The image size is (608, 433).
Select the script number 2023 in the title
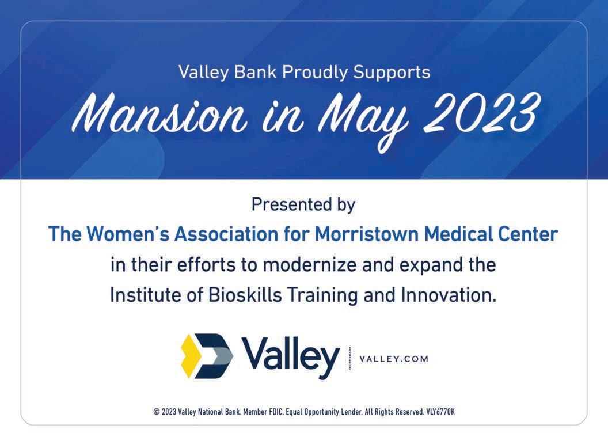[481, 112]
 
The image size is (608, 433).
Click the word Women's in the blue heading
[127, 234]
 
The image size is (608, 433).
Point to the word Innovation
[449, 295]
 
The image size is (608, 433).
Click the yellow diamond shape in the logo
[191, 356]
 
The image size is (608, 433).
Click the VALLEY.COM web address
[394, 359]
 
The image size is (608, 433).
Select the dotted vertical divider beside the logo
[349, 358]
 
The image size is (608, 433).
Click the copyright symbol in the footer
[157, 412]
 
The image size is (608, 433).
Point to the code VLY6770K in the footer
[440, 412]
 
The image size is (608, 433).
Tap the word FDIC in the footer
[276, 412]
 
